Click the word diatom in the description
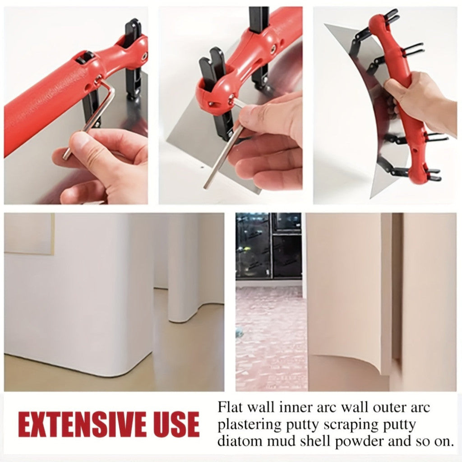click(238, 441)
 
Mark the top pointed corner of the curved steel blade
click(325, 24)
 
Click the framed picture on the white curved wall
click(29, 234)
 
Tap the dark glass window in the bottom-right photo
click(269, 246)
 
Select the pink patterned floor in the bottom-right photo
click(271, 339)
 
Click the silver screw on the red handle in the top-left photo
click(145, 55)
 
